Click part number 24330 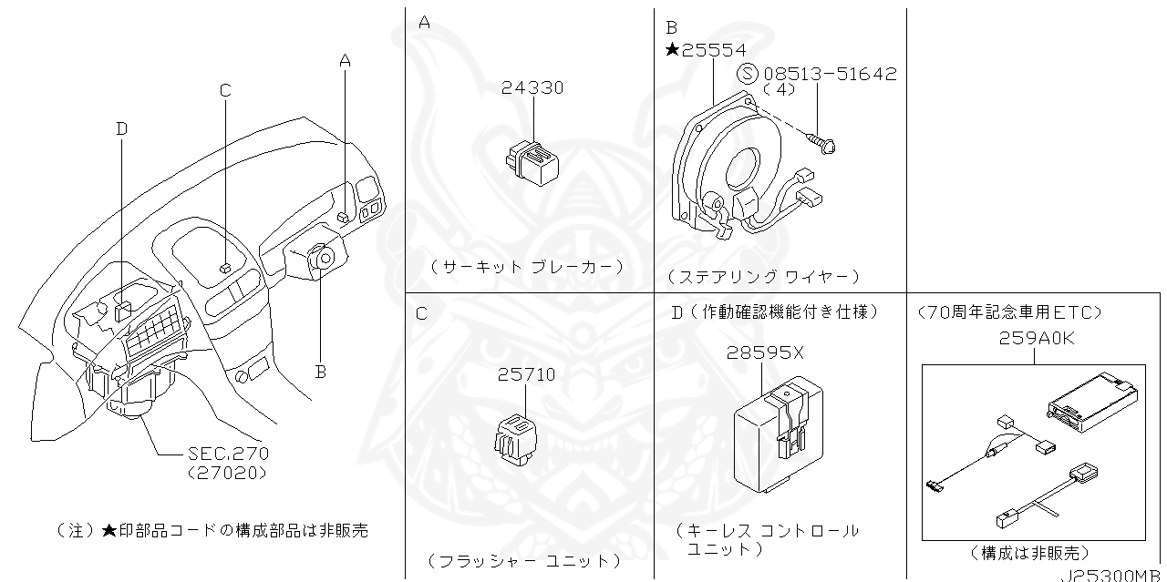[x=532, y=88]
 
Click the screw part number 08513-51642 [x=830, y=74]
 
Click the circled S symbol [x=747, y=74]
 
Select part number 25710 [x=526, y=374]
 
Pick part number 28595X [x=765, y=353]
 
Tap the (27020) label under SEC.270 [x=227, y=473]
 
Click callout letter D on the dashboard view [x=121, y=129]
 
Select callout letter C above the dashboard [x=225, y=89]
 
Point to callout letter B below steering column [x=320, y=371]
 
